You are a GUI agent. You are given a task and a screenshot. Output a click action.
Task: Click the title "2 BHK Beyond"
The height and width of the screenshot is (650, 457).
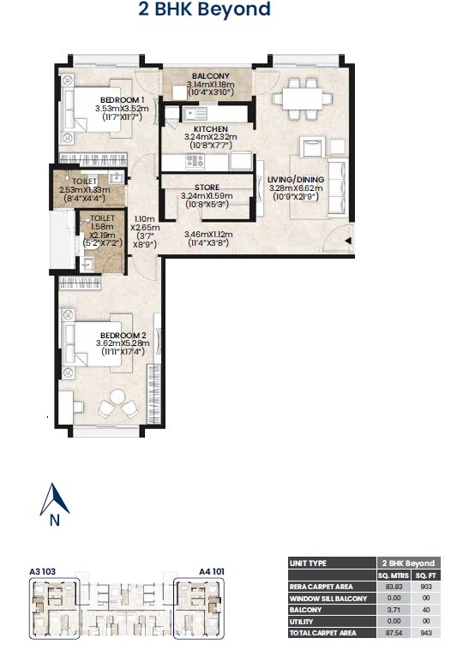(x=204, y=10)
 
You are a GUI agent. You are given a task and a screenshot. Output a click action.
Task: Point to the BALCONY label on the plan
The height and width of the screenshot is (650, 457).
(x=209, y=76)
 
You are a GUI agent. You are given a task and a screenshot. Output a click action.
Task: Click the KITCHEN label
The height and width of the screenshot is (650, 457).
(x=209, y=128)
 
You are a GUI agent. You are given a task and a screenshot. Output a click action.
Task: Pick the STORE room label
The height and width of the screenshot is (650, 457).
(x=207, y=187)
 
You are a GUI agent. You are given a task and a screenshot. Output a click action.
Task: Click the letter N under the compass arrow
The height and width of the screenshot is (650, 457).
(x=54, y=520)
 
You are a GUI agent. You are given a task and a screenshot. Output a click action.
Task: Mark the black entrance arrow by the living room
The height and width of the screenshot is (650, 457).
(x=349, y=242)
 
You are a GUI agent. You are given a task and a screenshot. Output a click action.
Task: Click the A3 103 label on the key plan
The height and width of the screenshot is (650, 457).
(x=43, y=569)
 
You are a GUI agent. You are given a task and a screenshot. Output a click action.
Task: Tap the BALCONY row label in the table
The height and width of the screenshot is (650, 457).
(x=306, y=609)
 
